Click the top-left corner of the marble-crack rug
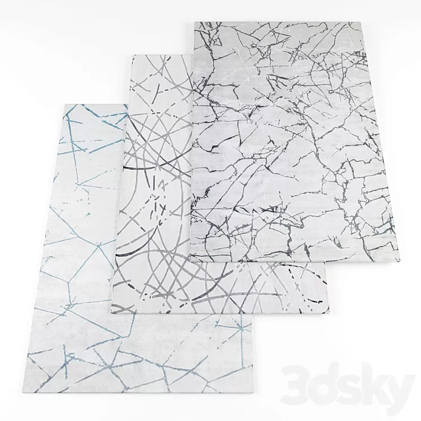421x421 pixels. pos(195,23)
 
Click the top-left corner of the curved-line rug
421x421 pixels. pos(131,55)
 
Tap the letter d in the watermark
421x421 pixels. pos(324,377)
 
